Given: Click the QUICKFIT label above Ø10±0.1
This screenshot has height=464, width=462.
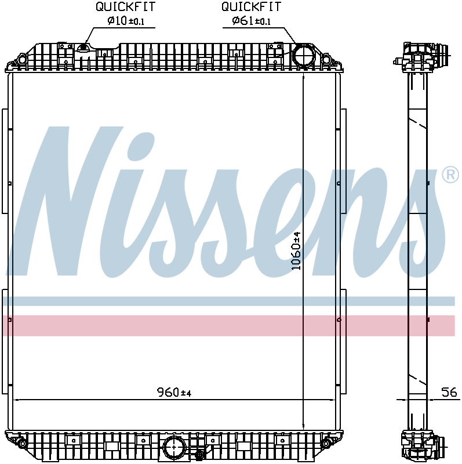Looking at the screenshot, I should pyautogui.click(x=126, y=7).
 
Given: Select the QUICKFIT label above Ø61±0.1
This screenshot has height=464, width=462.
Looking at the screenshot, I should pyautogui.click(x=252, y=7).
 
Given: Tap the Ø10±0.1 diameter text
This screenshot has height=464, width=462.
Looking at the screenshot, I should pyautogui.click(x=126, y=21).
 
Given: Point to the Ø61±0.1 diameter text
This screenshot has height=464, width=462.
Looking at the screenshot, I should pyautogui.click(x=252, y=21).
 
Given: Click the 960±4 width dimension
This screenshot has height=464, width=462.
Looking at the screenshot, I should pyautogui.click(x=174, y=393).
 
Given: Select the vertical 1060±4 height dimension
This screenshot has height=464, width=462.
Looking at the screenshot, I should pyautogui.click(x=296, y=250).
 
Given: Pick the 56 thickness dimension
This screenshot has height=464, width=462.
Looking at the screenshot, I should pyautogui.click(x=449, y=393).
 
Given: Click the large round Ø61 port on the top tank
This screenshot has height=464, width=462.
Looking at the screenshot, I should pyautogui.click(x=303, y=56).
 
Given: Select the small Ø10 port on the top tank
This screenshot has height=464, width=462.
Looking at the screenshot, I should pyautogui.click(x=85, y=48).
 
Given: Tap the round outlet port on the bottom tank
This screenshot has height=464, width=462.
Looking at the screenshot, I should pyautogui.click(x=174, y=447).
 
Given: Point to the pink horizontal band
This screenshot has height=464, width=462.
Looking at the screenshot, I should pyautogui.click(x=229, y=325).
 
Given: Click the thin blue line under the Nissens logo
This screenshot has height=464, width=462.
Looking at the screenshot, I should pyautogui.click(x=229, y=301).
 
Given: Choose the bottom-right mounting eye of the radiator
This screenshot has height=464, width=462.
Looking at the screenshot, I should pyautogui.click(x=326, y=444).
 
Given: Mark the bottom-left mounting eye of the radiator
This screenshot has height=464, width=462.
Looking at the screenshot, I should pyautogui.click(x=22, y=444).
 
